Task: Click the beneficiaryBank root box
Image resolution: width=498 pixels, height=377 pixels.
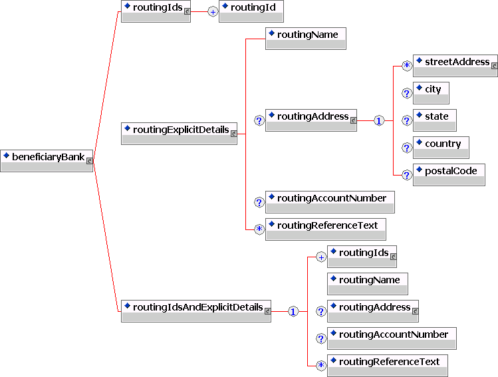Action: click(x=47, y=161)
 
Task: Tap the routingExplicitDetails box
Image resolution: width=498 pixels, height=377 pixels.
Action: click(x=179, y=133)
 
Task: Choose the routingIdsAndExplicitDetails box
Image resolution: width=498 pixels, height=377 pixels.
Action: click(x=195, y=311)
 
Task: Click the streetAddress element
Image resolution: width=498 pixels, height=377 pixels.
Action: click(x=455, y=66)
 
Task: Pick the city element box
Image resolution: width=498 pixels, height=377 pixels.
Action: click(x=431, y=93)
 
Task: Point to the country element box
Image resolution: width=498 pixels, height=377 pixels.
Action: click(x=441, y=148)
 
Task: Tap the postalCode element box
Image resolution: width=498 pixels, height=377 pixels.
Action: click(x=449, y=175)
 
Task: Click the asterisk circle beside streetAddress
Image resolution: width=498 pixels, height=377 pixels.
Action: click(x=407, y=66)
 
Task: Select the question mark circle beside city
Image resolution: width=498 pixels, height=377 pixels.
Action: click(x=407, y=94)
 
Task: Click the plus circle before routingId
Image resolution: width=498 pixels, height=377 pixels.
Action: click(x=213, y=12)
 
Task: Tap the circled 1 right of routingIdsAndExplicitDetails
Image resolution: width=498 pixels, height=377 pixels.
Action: click(x=293, y=311)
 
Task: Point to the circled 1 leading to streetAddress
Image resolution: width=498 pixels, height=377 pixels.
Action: click(x=378, y=121)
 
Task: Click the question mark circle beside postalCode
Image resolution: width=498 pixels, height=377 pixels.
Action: click(x=407, y=175)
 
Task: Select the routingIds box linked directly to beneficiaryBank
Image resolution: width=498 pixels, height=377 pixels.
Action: click(x=156, y=11)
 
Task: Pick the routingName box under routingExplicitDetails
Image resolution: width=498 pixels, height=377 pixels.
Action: click(x=305, y=39)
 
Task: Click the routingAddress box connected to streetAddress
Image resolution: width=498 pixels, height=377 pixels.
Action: click(x=311, y=120)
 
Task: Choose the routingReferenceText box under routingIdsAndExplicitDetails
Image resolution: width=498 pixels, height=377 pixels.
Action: click(x=387, y=366)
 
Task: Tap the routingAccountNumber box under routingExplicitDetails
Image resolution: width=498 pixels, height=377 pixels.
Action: click(x=330, y=202)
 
